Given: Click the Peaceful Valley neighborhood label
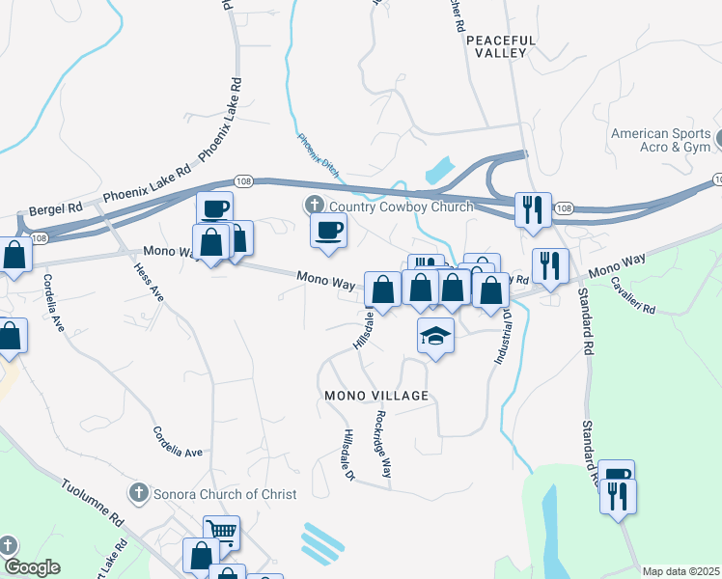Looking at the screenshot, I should click(497, 46).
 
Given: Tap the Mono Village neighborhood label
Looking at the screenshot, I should click(375, 397).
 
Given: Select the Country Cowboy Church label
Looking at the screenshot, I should click(401, 207).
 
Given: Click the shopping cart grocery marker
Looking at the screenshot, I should click(222, 531).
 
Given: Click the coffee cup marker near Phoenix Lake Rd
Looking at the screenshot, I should click(214, 207).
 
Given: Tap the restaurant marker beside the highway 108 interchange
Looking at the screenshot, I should click(532, 208).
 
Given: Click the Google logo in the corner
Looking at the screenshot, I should click(32, 567).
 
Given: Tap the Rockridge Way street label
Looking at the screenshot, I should click(383, 445).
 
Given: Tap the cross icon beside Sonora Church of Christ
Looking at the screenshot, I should click(139, 494).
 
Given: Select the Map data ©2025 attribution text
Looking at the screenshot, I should click(680, 571).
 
